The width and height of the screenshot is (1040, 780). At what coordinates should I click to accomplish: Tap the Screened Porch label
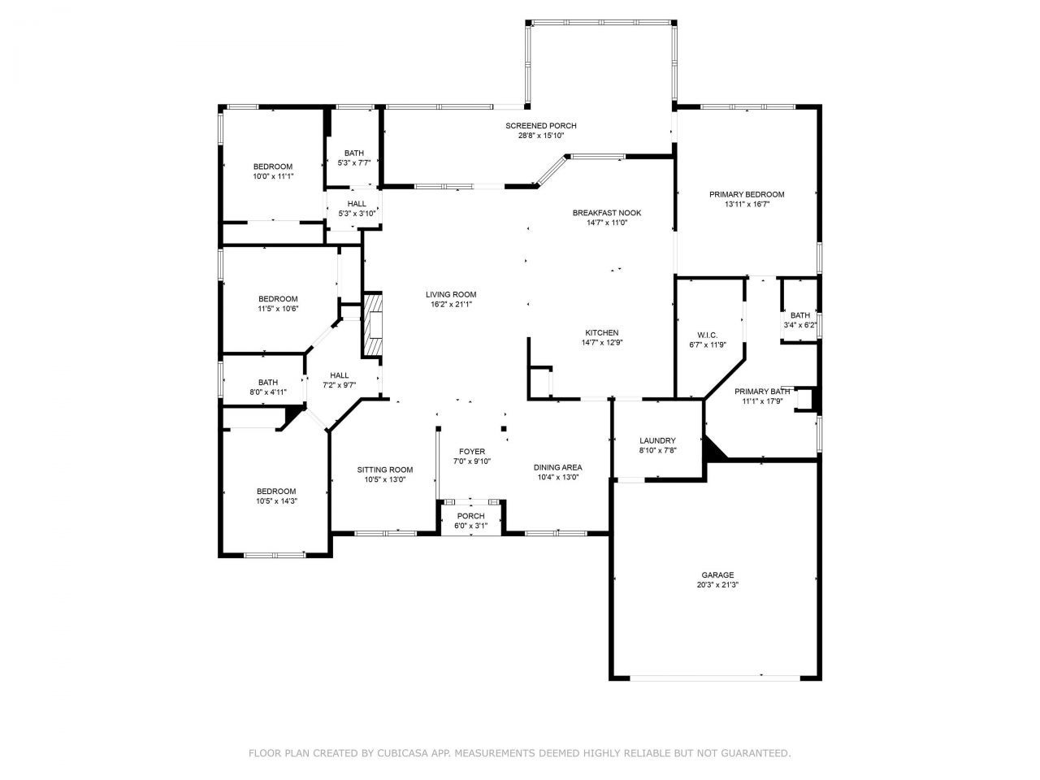pos(540,126)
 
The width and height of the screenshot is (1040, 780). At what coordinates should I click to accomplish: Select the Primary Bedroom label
pos(746,195)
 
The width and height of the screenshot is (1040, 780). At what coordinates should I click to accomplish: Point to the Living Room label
pos(451,295)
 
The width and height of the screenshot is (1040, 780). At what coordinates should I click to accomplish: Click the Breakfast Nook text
pos(606,213)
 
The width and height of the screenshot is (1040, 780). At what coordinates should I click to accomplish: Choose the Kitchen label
pos(601,333)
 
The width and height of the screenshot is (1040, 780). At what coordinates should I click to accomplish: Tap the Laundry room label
pos(657,441)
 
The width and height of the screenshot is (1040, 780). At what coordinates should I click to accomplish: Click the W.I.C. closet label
pos(707,336)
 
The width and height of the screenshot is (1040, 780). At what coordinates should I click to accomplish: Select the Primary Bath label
pos(763,391)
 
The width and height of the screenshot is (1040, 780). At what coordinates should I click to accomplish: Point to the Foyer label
pos(471,452)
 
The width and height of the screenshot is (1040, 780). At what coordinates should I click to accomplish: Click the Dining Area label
pos(557,467)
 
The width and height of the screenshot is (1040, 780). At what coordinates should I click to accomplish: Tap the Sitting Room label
pos(384,470)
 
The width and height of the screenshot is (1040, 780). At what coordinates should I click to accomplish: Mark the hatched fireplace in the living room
pos(373,325)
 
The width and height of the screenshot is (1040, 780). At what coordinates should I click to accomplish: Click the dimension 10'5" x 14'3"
pos(276,501)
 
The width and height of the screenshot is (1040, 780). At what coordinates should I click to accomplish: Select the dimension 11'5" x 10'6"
pos(278,309)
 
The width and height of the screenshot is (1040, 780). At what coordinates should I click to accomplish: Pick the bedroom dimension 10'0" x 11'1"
pos(272,176)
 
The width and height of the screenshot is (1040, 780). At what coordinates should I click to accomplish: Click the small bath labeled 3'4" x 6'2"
pos(799,325)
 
